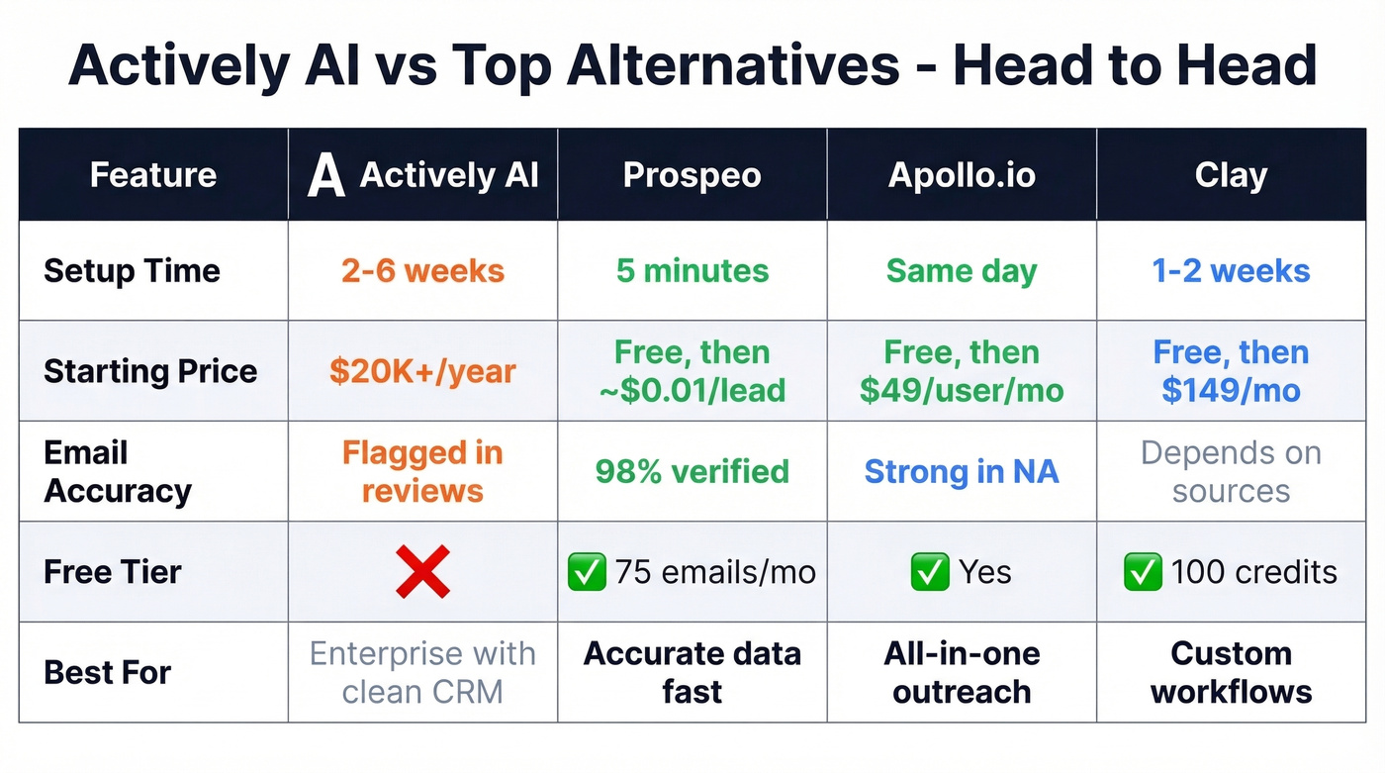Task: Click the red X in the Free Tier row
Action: (422, 572)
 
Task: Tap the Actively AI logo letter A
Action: (325, 176)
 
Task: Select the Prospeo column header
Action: (692, 175)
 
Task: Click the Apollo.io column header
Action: (962, 175)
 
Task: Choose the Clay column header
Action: (1231, 175)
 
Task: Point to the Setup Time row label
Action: (132, 270)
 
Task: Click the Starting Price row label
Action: (150, 371)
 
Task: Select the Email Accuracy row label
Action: (117, 471)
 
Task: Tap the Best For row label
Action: (108, 672)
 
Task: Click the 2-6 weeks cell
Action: (422, 270)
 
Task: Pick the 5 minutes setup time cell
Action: (692, 270)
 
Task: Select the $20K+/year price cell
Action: (422, 371)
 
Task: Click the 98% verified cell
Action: (692, 471)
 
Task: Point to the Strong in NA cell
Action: (962, 471)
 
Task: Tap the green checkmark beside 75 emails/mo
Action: (587, 572)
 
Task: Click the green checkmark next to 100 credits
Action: (1143, 572)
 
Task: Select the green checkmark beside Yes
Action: (929, 572)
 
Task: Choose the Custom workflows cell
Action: (1231, 672)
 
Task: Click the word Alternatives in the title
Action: (670, 65)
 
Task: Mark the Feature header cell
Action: (153, 175)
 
